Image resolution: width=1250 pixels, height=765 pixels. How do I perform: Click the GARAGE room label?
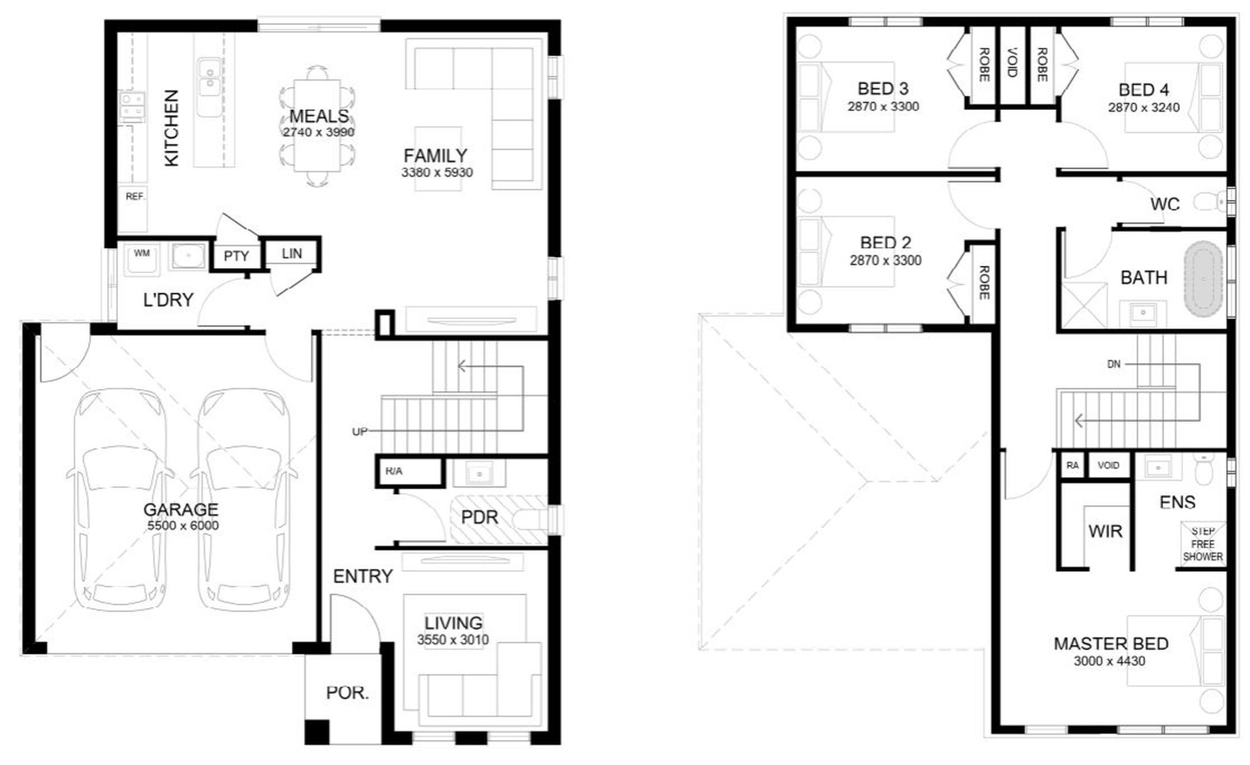(x=181, y=509)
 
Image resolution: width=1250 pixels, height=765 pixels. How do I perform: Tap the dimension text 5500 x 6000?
(x=182, y=526)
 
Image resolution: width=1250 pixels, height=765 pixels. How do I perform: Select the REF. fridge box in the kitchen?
(x=134, y=209)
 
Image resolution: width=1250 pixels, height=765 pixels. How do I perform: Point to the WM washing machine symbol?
(x=142, y=259)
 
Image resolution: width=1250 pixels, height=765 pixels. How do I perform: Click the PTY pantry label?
(x=236, y=256)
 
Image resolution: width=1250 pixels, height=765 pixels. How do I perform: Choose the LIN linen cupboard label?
(x=292, y=253)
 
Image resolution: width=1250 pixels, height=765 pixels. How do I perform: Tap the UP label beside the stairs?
(x=359, y=431)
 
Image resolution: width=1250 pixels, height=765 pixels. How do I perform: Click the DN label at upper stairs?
(x=1114, y=364)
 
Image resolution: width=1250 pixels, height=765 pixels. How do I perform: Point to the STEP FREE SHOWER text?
(x=1202, y=544)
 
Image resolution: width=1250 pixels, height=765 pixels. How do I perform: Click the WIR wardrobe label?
(x=1105, y=531)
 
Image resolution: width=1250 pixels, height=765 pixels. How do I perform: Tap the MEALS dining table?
(x=317, y=125)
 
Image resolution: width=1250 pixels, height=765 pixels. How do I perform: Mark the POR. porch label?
(x=347, y=692)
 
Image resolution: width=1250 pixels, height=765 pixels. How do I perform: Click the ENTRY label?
(x=362, y=576)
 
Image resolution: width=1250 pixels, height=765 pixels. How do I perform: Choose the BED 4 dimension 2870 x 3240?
(x=1144, y=107)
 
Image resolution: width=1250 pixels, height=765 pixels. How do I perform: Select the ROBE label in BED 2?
(x=983, y=282)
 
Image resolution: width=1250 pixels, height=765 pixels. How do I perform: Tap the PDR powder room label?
(x=479, y=517)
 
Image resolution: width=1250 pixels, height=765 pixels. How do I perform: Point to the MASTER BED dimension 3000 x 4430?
(x=1109, y=661)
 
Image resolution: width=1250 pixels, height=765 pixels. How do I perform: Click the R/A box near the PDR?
(x=410, y=471)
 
